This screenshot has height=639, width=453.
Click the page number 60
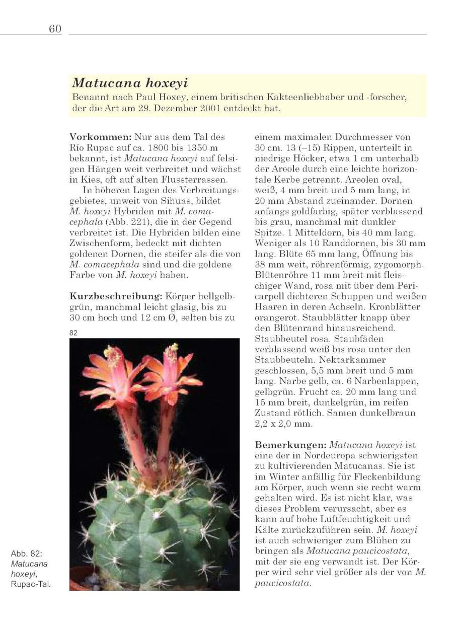point(55,29)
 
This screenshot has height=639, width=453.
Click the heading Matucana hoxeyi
point(130,83)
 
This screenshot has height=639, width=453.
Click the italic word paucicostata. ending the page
point(283,583)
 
